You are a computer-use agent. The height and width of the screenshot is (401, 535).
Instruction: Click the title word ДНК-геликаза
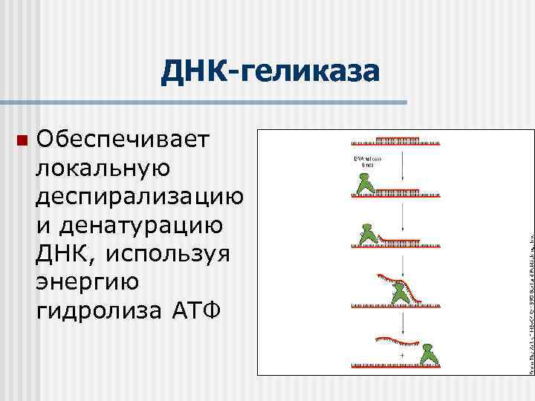270,73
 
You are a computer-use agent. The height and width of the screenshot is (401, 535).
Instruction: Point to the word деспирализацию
139,196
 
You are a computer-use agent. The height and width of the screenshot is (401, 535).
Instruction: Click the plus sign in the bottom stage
402,356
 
